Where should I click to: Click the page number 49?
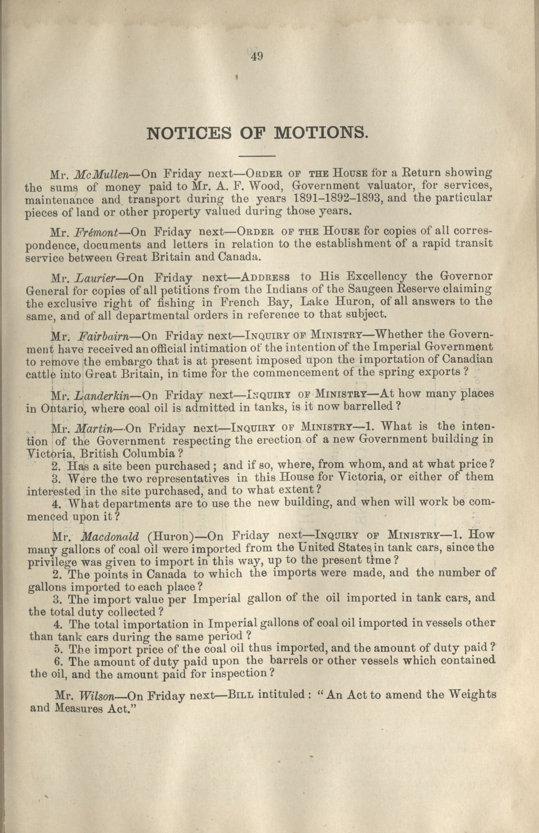[x=257, y=56]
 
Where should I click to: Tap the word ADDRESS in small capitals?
[x=266, y=278]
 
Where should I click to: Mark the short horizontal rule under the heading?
[x=257, y=156]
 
